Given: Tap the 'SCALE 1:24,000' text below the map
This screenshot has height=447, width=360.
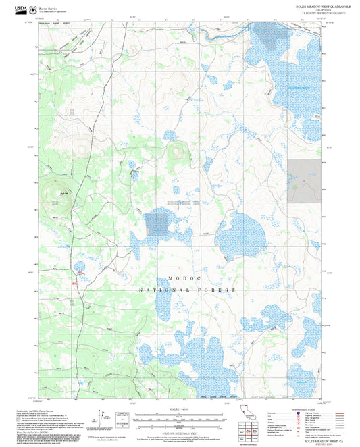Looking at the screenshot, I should coord(179,410).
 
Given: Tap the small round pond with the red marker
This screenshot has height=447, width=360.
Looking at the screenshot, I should coord(79,267).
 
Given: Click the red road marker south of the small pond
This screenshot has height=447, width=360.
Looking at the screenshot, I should coord(80,273).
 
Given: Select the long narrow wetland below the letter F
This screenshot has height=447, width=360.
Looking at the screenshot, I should coord(164,307).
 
